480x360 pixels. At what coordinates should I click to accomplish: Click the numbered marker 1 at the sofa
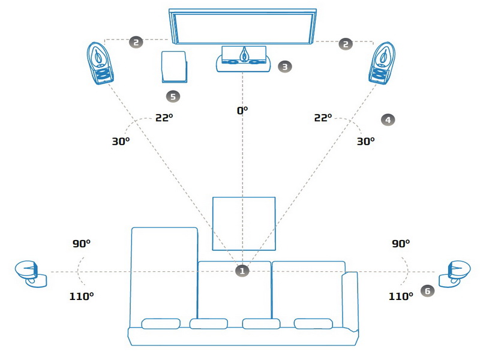[242, 271]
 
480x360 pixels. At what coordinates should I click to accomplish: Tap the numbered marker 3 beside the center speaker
[284, 67]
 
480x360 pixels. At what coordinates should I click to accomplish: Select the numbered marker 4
[388, 120]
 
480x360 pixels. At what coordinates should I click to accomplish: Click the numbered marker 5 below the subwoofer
[173, 95]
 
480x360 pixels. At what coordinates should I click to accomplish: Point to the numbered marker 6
[427, 290]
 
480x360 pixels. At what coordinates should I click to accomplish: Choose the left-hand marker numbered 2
[136, 42]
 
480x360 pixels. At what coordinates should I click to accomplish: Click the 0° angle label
[242, 110]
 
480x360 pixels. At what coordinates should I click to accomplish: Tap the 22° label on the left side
[164, 118]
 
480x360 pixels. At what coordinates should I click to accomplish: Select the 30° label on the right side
[365, 141]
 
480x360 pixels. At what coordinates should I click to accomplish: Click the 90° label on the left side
[81, 244]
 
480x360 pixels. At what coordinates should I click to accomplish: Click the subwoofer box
[173, 66]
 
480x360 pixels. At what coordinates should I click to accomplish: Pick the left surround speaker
[31, 274]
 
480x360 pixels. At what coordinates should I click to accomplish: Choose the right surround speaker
[454, 274]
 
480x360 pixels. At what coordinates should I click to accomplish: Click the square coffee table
[244, 223]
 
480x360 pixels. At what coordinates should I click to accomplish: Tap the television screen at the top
[242, 26]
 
